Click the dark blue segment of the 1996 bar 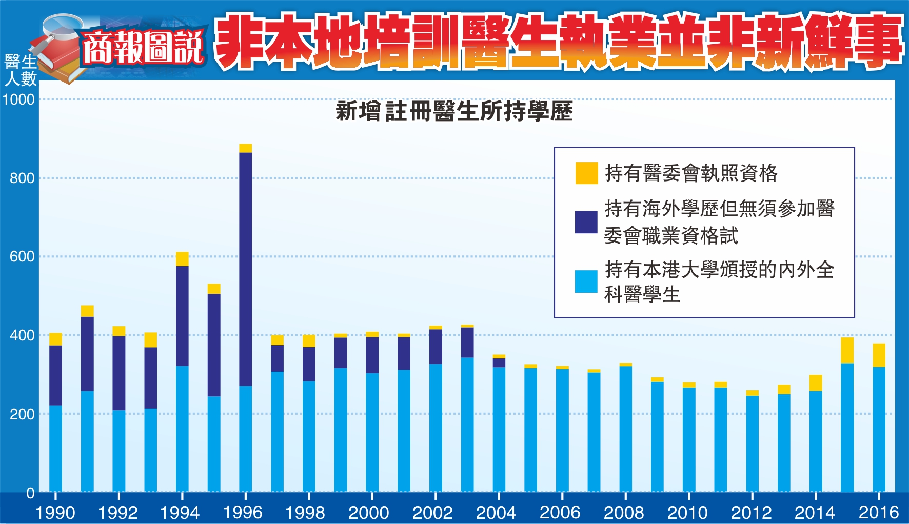pos(246,269)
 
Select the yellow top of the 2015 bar pos(847,350)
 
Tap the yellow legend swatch pos(586,173)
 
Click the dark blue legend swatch pos(586,222)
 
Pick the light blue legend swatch pos(586,281)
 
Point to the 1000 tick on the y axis pos(19,99)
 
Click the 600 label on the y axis pos(22,256)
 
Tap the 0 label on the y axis pos(30,493)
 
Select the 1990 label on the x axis pos(55,512)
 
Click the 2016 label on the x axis pos(879,512)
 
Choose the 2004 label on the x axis pos(496,512)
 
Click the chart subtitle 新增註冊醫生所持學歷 pos(454,111)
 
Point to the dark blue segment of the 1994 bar pos(182,315)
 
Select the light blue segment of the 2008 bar pos(625,428)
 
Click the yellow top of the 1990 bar pos(55,339)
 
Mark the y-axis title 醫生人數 pos(21,70)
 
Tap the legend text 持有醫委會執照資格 pos(691,173)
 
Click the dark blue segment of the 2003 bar pos(467,342)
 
